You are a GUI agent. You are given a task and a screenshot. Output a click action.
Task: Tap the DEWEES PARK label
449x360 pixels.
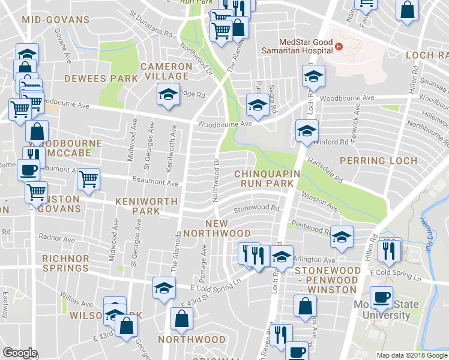[x=93, y=79]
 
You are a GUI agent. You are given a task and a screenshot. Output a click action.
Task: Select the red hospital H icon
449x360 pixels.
[x=339, y=46]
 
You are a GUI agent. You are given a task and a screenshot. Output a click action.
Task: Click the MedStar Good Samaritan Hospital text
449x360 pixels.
[x=297, y=47]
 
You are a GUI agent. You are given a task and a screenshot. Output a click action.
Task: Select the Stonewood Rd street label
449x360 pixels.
[x=257, y=209]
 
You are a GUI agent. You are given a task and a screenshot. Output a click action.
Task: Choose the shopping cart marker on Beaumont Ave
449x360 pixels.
[x=89, y=179]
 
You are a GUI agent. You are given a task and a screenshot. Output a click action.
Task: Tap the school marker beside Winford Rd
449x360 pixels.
[x=306, y=130]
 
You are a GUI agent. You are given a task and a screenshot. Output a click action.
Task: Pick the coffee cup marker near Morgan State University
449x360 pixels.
[x=381, y=297]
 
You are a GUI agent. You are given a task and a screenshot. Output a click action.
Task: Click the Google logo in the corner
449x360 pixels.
[x=19, y=353]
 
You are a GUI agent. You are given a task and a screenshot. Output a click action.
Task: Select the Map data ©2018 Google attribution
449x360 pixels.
[x=411, y=355]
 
